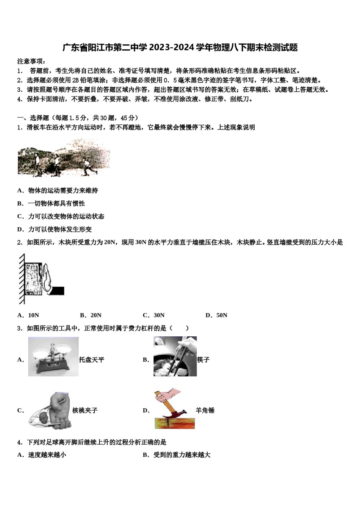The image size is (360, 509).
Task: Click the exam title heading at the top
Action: [180, 47]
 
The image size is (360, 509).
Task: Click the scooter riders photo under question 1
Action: [64, 158]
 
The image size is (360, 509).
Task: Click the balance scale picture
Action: [53, 357]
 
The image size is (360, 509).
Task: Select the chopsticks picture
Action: [175, 357]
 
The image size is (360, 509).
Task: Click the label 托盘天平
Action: [91, 360]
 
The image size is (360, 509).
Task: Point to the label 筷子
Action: [203, 360]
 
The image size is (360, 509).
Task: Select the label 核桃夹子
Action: [85, 410]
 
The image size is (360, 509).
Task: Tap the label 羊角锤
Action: [205, 410]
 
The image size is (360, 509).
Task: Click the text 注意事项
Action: [31, 61]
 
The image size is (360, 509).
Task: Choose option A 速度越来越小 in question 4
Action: [42, 454]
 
